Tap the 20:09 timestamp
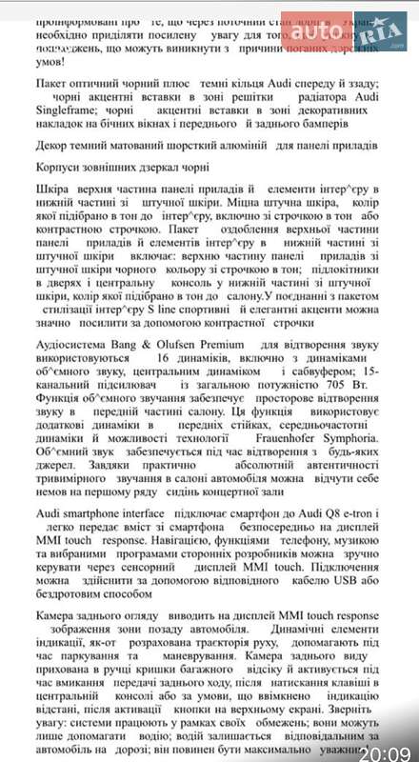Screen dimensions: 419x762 (x=387, y=743)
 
